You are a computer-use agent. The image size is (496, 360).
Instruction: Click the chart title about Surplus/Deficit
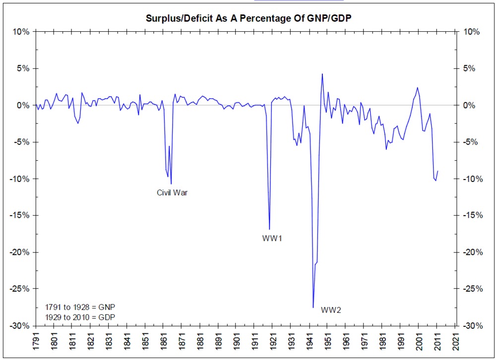pos(248,19)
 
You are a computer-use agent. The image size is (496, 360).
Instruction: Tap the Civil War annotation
pos(172,192)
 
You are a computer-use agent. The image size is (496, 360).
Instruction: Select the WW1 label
pos(272,238)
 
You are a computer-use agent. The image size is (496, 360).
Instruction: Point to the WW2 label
pos(331,310)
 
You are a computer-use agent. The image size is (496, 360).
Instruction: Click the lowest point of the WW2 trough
pos(313,307)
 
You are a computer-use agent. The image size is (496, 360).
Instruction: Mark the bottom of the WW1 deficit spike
pos(269,229)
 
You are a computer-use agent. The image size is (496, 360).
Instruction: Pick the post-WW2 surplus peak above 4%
pos(322,74)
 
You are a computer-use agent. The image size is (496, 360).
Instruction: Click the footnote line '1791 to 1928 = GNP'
pos(80,306)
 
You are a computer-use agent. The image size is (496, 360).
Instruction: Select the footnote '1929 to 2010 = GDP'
pos(80,317)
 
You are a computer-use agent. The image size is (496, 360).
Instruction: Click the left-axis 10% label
pos(22,32)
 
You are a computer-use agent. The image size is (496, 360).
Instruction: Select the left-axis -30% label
pos(20,325)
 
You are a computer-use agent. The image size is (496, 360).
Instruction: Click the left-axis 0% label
pos(23,105)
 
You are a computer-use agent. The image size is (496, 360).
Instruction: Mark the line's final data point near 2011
pos(438,171)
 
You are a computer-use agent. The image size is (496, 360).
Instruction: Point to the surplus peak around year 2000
pos(418,88)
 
